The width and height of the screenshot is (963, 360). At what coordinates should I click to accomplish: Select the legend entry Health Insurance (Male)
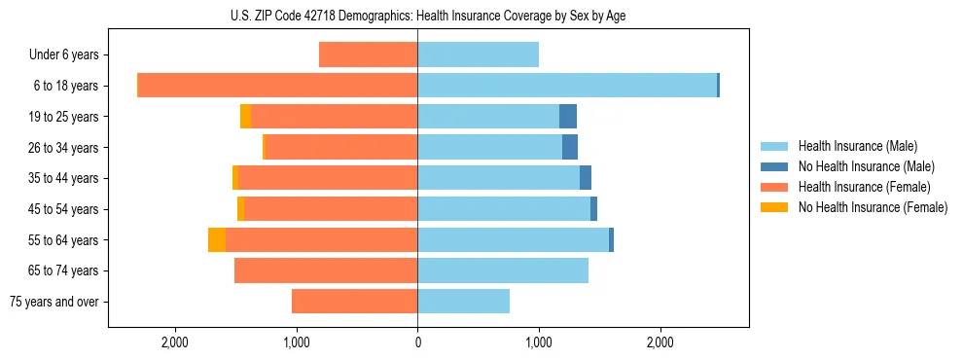851,146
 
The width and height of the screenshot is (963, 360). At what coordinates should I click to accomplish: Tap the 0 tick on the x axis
417,342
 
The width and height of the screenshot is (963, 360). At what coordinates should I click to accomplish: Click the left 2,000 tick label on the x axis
175,342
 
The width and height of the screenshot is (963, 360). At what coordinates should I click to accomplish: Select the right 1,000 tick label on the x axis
539,342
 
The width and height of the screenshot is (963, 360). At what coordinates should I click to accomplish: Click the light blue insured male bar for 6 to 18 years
567,86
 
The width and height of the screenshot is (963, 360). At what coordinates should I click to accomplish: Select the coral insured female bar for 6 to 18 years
278,86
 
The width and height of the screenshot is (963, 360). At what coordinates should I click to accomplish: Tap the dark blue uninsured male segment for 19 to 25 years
568,117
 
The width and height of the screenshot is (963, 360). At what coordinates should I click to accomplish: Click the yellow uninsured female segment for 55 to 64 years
217,240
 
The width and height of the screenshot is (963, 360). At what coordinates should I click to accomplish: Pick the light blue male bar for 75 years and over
463,302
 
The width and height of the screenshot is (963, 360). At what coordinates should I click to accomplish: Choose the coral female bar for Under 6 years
369,55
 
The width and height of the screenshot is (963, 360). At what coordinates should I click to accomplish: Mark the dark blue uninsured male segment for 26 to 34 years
570,148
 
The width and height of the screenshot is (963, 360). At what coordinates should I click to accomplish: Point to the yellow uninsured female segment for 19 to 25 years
245,117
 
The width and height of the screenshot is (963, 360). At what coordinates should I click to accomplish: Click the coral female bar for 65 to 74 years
326,270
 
